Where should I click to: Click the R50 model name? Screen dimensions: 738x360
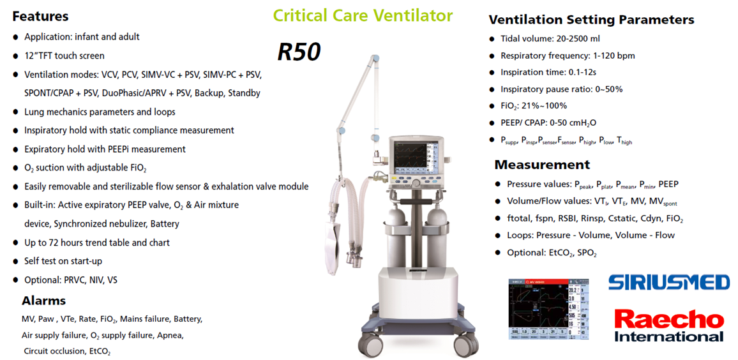point(299,52)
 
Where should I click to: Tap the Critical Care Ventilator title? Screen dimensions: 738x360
point(363,15)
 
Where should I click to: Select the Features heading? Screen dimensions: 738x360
point(40,17)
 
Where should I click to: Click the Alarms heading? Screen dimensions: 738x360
point(44,300)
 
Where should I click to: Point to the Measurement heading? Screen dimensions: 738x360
point(542,165)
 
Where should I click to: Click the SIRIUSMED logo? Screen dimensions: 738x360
point(669,282)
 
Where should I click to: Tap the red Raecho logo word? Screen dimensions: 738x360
point(669,320)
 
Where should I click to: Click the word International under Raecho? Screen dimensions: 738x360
point(669,336)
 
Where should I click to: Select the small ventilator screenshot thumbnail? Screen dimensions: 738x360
point(549,309)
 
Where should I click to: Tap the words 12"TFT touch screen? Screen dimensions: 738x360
point(64,56)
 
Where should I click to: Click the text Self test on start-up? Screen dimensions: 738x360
point(63,261)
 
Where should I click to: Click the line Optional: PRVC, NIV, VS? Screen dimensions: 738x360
point(71,280)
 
